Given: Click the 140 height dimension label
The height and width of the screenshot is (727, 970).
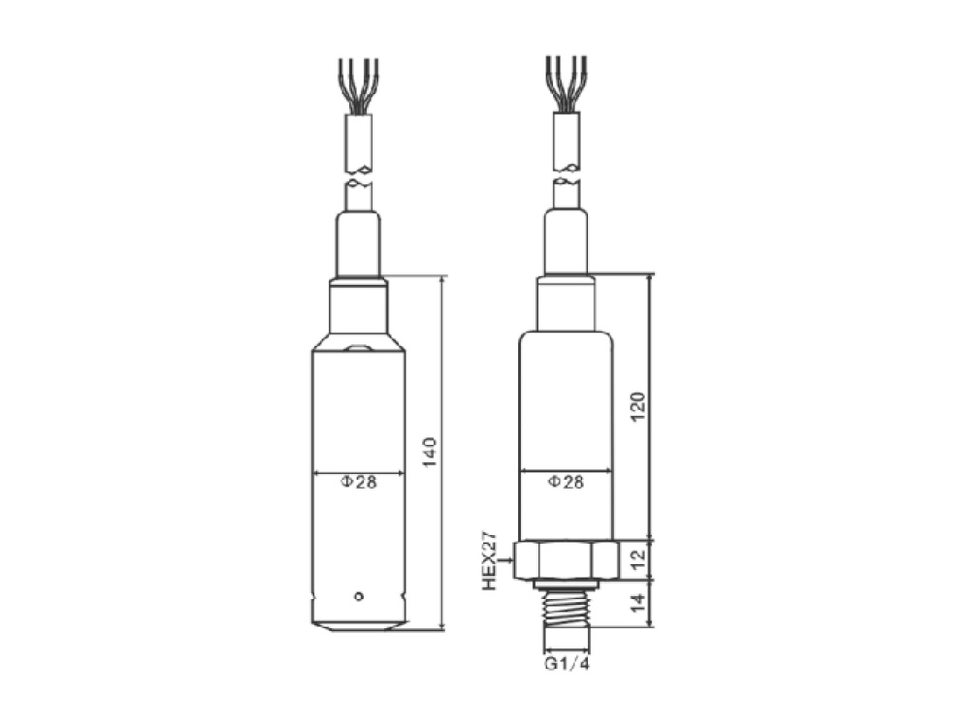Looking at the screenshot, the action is (430, 452).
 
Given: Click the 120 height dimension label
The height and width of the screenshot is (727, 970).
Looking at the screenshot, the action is (638, 407).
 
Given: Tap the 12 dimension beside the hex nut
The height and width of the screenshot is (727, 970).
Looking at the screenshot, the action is (638, 559).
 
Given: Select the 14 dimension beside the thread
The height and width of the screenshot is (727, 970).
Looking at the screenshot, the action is (638, 603).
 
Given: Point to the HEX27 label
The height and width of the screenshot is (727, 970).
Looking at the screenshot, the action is (489, 559).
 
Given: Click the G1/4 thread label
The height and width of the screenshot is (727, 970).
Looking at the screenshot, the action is (566, 665).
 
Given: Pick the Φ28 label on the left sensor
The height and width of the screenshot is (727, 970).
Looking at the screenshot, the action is (359, 482).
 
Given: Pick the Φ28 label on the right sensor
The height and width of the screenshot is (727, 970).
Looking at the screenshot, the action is (566, 482).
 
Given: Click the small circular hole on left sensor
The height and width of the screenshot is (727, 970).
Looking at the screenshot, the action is (358, 596).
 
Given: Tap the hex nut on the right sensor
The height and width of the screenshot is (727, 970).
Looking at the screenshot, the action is (566, 560).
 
